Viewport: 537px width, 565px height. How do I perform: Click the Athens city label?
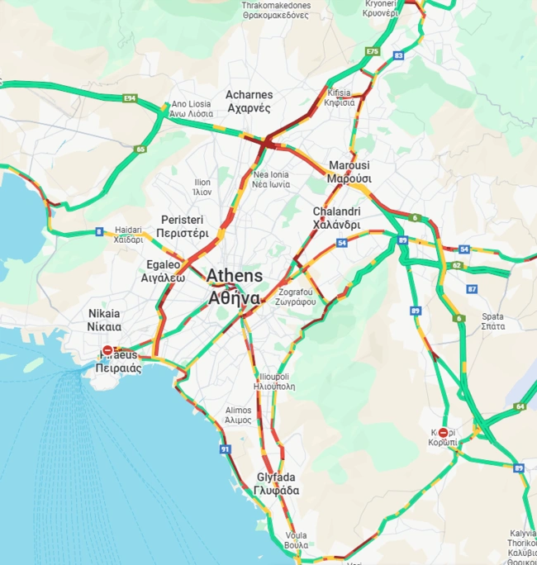[x=235, y=286]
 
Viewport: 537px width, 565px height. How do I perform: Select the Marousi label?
[x=349, y=172]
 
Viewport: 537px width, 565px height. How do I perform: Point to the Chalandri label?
[x=336, y=218]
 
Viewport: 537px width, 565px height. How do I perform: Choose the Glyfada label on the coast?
[x=276, y=484]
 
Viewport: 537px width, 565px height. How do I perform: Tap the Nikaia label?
[x=104, y=320]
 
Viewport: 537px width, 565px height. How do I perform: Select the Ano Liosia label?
[x=192, y=109]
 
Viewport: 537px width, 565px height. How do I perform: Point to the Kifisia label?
[x=339, y=97]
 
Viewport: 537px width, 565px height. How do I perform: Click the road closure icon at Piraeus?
[x=107, y=351]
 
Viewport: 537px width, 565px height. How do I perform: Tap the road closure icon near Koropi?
[x=444, y=433]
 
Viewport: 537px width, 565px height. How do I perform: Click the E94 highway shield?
[x=129, y=98]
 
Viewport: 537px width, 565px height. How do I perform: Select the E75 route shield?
[x=372, y=51]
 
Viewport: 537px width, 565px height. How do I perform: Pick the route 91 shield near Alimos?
[x=225, y=449]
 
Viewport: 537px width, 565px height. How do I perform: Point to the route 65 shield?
[x=140, y=150]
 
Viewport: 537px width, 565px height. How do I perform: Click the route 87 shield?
[x=472, y=289]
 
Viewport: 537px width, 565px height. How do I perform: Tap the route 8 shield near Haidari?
[x=99, y=232]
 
